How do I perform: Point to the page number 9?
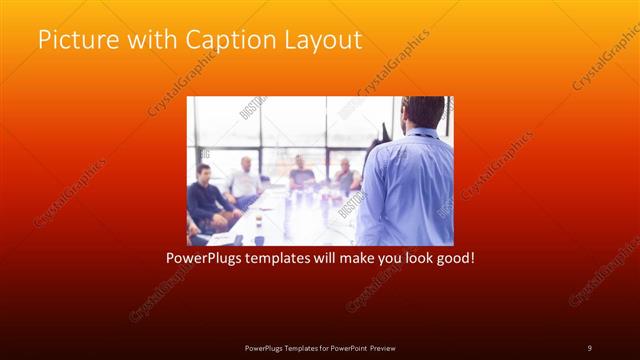589,347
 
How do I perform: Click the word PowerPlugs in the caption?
203,258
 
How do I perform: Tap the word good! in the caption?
453,258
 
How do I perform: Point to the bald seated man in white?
242,180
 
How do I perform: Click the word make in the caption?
372,258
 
